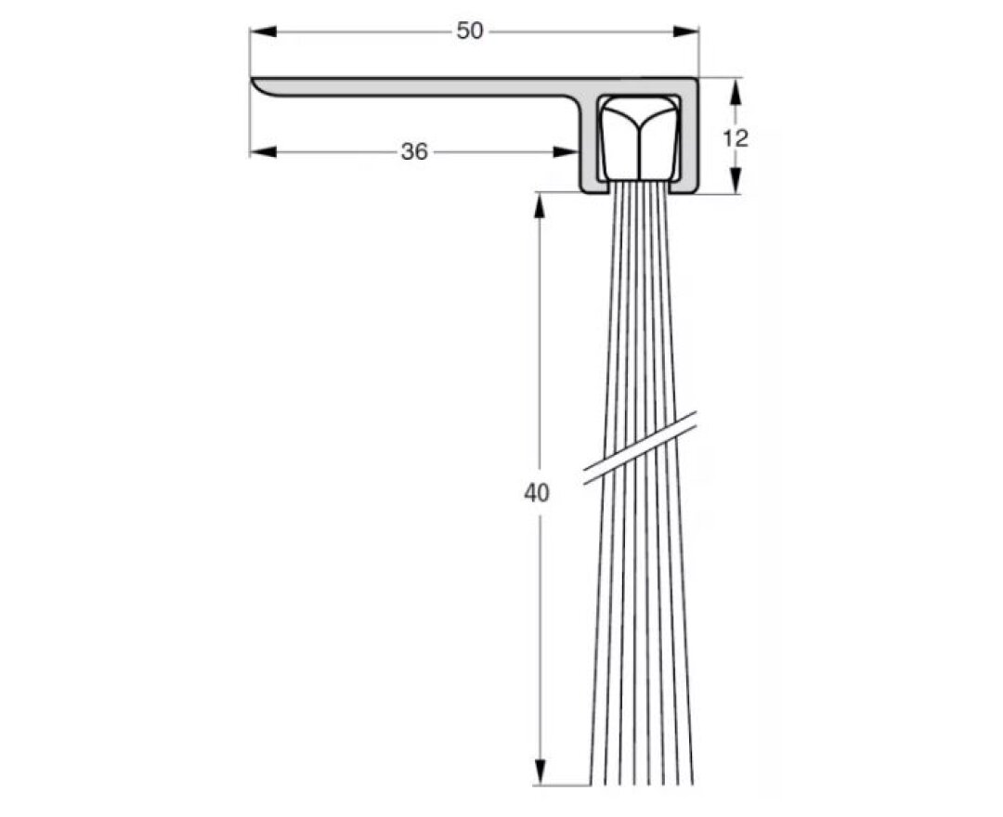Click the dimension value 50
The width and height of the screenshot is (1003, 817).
tap(470, 32)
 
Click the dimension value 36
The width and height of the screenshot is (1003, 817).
tap(414, 152)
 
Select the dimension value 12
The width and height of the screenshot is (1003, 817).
tap(735, 138)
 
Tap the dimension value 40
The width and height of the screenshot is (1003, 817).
tap(537, 493)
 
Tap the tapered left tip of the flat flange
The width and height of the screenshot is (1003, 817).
tap(258, 84)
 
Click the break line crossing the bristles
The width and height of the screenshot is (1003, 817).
tap(640, 447)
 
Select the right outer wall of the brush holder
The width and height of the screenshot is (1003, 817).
tap(692, 139)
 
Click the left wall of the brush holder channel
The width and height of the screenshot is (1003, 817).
tap(588, 149)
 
